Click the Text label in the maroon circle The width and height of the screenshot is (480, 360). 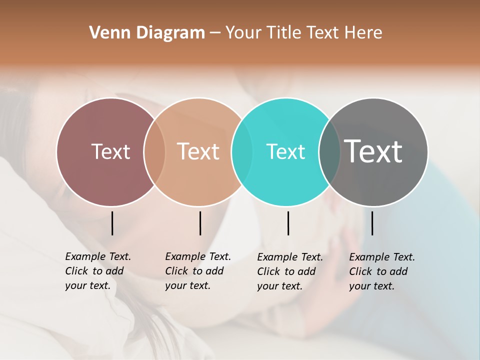pos(110,151)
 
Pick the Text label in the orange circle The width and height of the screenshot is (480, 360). pos(198,151)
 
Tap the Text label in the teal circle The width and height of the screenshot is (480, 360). pos(285,151)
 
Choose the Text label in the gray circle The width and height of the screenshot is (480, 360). pos(373,151)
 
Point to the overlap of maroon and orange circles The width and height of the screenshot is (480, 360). pos(154,152)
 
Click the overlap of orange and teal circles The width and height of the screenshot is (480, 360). pos(242,152)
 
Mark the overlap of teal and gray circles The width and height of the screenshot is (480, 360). pos(329,152)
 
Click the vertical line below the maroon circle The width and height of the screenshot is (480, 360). pos(112,223)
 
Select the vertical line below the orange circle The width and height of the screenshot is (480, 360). pos(200,223)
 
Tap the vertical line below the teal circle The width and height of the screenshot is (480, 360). pos(288,223)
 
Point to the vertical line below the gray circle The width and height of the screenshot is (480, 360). pos(372,223)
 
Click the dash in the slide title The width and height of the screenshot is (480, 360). pos(215,33)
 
